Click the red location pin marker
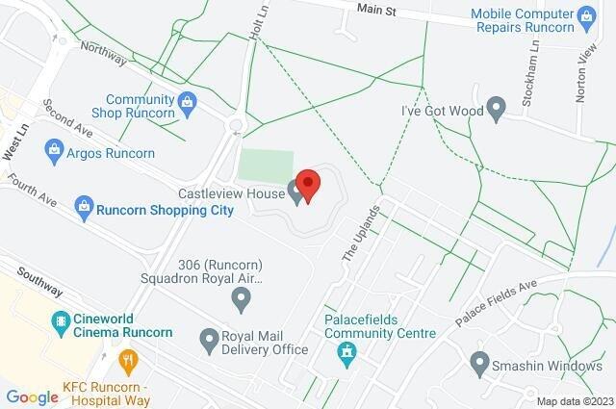[307, 182]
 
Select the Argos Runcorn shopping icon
[54, 151]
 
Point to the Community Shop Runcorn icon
[188, 99]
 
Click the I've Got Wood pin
[497, 109]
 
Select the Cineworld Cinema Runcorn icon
[61, 321]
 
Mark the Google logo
[32, 396]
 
